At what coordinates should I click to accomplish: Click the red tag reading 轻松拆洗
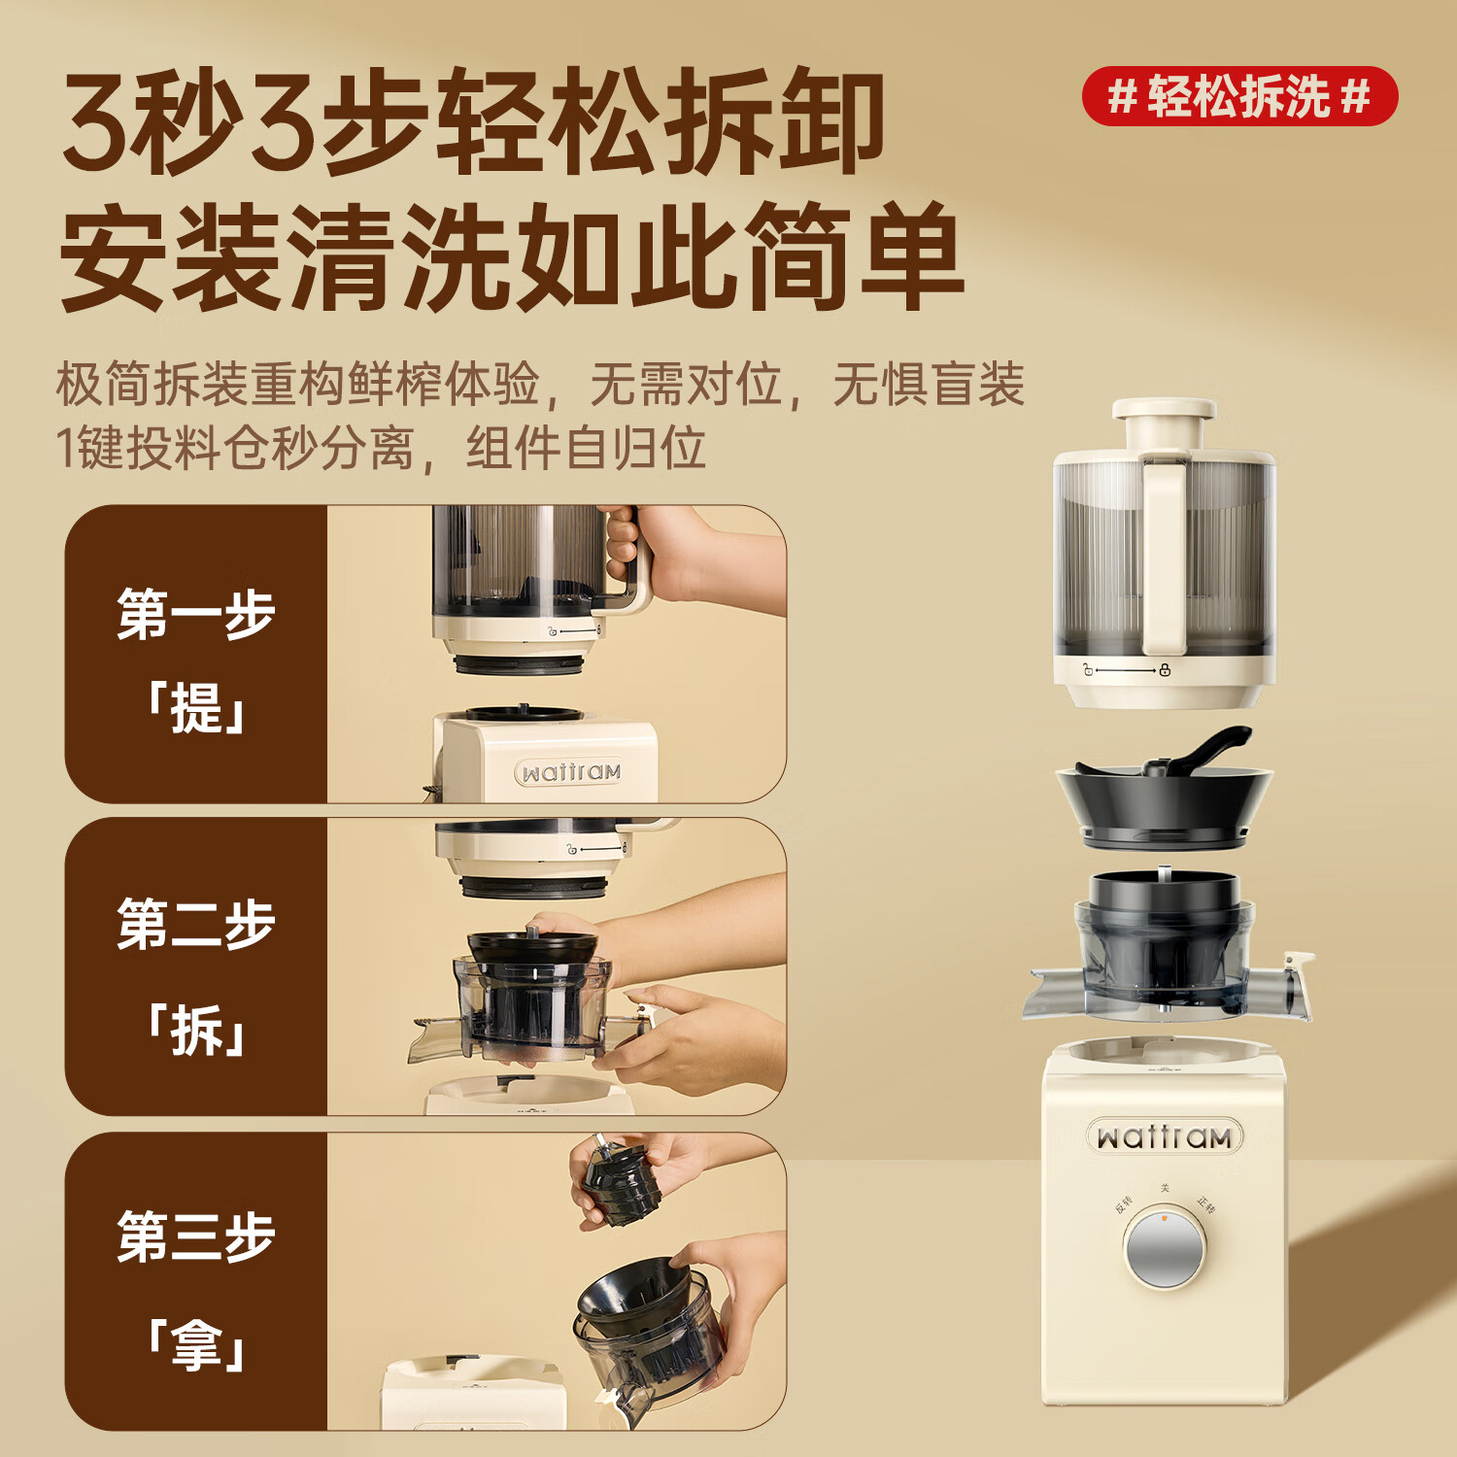1239,96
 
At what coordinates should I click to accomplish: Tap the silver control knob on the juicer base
1165,1248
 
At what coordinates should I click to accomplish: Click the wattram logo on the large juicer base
1164,1136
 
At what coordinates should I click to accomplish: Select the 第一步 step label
196,614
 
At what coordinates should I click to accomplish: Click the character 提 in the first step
196,707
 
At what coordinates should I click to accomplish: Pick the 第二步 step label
196,924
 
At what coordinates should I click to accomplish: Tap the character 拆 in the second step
196,1030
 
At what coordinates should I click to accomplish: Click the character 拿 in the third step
196,1345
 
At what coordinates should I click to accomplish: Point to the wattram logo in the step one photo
569,773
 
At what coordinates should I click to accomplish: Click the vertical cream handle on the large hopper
1164,554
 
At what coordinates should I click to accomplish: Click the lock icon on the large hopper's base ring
1165,670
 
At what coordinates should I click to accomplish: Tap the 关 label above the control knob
1165,1188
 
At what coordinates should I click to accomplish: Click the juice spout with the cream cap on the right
1297,986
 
